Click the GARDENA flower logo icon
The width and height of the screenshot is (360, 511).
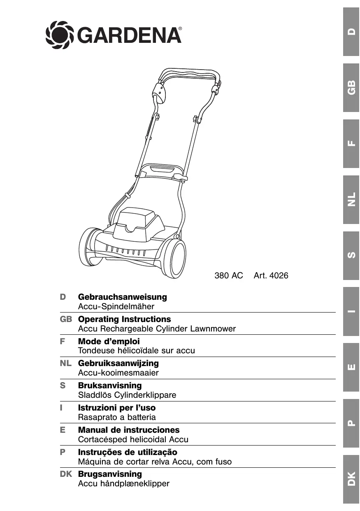coord(59,35)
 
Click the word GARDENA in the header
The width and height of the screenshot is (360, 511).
coord(129,35)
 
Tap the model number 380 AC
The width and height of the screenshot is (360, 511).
coord(229,276)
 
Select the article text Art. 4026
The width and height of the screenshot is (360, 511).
coord(271,276)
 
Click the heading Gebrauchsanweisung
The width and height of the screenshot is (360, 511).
coord(122,297)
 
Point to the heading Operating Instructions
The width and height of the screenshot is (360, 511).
coord(124,319)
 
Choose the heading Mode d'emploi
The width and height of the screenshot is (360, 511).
coord(109,341)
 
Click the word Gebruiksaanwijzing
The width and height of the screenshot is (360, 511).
coord(118,363)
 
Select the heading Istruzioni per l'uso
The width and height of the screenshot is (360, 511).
coord(117,408)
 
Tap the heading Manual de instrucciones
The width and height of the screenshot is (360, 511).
coord(129,430)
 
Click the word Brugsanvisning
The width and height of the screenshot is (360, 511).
coord(110,474)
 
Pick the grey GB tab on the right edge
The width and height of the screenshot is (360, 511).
coord(351,88)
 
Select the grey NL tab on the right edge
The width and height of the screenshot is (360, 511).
coord(351,200)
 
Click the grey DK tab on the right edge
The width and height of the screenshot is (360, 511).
coord(351,479)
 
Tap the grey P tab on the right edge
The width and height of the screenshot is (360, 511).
coord(351,423)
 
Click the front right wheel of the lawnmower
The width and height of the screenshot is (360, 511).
coord(174,259)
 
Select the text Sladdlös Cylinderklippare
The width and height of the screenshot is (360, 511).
coord(127,395)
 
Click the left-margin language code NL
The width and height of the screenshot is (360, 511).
coord(66,363)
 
